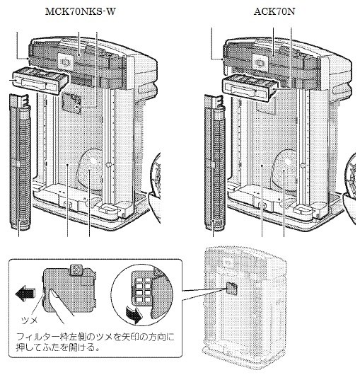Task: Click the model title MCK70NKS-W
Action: coord(79,13)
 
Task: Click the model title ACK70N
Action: coord(273,13)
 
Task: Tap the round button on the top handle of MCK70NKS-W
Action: coord(65,61)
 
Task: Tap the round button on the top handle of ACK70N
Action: coord(261,61)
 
